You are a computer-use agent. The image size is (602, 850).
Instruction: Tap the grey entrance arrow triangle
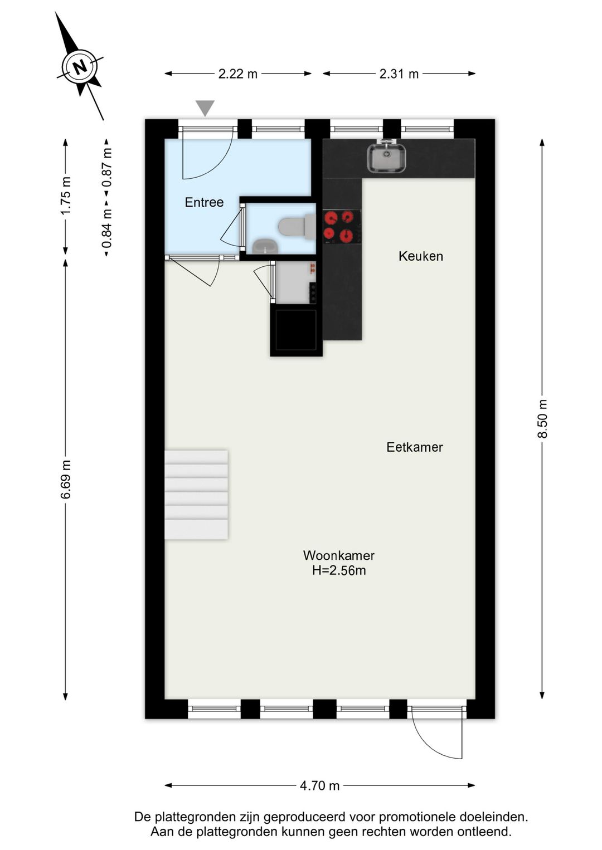[x=205, y=108]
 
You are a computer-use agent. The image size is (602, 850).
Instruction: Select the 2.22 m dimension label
[x=238, y=74]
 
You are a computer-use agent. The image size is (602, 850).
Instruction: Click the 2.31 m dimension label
[x=399, y=74]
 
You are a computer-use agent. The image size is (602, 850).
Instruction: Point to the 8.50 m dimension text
[x=542, y=418]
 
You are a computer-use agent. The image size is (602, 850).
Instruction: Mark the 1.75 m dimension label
[x=65, y=196]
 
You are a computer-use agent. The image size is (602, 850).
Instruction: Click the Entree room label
[x=204, y=202]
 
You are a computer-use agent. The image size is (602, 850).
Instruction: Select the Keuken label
[x=421, y=256]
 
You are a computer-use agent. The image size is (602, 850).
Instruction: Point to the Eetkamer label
[x=415, y=447]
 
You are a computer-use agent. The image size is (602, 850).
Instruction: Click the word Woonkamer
[x=339, y=555]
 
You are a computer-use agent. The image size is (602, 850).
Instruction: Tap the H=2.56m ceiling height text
[x=339, y=570]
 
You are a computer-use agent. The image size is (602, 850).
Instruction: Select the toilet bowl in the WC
[x=297, y=227]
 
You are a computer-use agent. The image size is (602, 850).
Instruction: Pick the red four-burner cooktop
[x=342, y=227]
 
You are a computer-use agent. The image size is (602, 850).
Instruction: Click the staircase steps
[x=196, y=495]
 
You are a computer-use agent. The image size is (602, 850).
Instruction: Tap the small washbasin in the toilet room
[x=265, y=246]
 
